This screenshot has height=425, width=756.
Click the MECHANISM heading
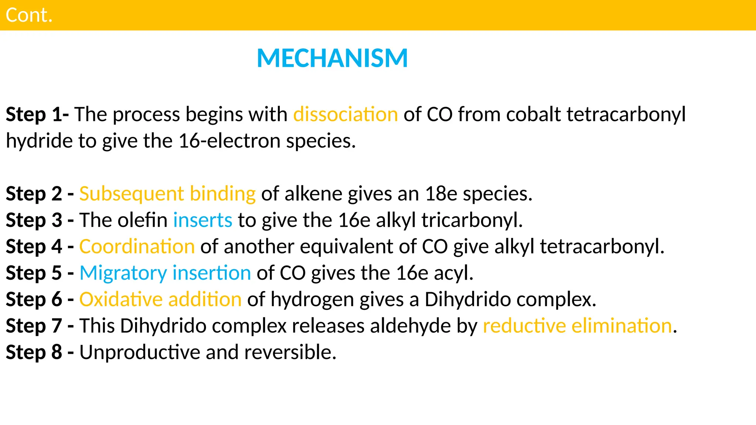tap(332, 58)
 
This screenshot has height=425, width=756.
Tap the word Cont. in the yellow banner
tap(29, 15)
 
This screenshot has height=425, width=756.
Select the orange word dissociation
tap(346, 114)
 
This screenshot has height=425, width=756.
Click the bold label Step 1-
tap(37, 114)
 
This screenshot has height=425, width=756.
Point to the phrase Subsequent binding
tap(167, 194)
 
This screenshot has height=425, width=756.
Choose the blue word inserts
tap(203, 220)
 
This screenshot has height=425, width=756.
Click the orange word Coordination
tap(137, 246)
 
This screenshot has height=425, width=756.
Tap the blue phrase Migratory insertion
tap(165, 273)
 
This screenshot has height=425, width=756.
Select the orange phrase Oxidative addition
tap(161, 299)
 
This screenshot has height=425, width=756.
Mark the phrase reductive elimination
tap(577, 326)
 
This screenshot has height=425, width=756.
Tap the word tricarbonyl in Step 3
tap(472, 220)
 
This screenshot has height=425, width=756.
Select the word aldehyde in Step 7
tap(410, 326)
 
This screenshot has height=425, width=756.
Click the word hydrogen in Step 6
tap(312, 299)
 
